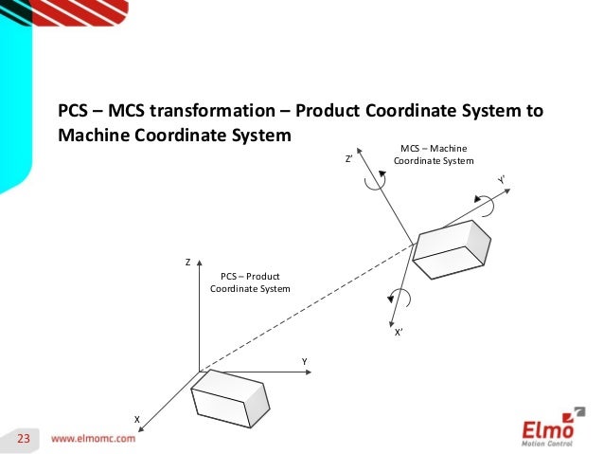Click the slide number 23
[24, 439]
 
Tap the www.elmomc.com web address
[93, 440]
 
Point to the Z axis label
[187, 261]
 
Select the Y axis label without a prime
[305, 362]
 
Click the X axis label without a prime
[136, 418]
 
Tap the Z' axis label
[349, 160]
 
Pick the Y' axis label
[501, 180]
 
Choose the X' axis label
[400, 333]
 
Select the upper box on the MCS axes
[451, 249]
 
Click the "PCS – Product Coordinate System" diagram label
[250, 281]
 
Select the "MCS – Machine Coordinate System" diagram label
[433, 154]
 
